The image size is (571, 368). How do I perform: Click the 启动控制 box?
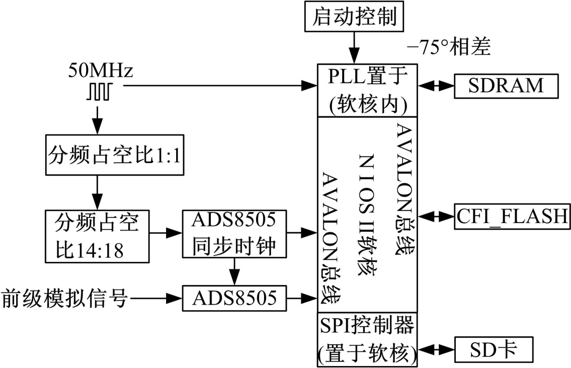coord(355,17)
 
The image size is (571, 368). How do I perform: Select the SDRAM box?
coord(506,86)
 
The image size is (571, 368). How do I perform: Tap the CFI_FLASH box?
coord(512,217)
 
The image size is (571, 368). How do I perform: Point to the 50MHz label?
coord(101,71)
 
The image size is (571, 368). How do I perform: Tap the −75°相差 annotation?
coord(449,49)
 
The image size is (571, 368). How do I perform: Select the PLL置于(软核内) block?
coord(367,91)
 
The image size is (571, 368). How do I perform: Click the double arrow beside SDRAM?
coord(436,86)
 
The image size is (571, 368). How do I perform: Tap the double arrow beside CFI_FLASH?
coord(436,217)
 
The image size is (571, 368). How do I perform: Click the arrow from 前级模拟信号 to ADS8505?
coord(155,298)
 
